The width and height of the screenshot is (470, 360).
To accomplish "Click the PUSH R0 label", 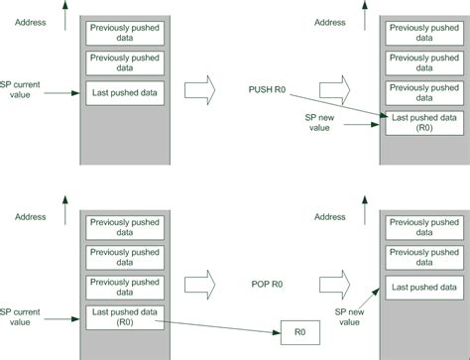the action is coord(267,89).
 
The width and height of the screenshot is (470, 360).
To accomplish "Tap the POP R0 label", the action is coord(267,284).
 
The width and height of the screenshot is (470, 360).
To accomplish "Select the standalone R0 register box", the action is coord(300,332).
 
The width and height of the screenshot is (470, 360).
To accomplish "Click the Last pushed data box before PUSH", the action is coord(125,93).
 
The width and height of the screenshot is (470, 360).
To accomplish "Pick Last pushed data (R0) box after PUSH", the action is coord(424,123).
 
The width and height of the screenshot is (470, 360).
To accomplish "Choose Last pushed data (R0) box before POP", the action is coord(125,317).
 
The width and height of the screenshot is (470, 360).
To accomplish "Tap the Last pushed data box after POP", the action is coord(424,288).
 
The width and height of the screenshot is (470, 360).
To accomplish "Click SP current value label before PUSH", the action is coord(20,89).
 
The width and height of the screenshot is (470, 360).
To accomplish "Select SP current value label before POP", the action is coord(20,317).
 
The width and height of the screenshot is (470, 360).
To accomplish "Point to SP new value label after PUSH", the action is coord(319,123).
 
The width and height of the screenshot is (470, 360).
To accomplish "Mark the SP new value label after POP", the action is coord(349,317).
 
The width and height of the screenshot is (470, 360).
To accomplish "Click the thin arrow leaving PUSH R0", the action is coord(339,105).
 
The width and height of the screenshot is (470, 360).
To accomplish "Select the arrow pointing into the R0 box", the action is coord(218,327).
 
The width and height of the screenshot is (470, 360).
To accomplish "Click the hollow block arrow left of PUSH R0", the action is coord(199,90).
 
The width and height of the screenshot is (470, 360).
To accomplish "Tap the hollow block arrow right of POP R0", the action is coord(334,285).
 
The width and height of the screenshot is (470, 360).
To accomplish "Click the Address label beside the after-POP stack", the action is coord(330,217).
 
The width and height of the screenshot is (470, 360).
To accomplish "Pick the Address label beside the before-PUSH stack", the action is coord(30,23).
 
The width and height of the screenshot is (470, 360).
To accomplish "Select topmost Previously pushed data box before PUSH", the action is coord(125,33).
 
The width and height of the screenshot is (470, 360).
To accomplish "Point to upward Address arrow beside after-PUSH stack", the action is coord(365,16).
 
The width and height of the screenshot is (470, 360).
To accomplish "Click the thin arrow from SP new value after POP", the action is coord(369,300).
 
